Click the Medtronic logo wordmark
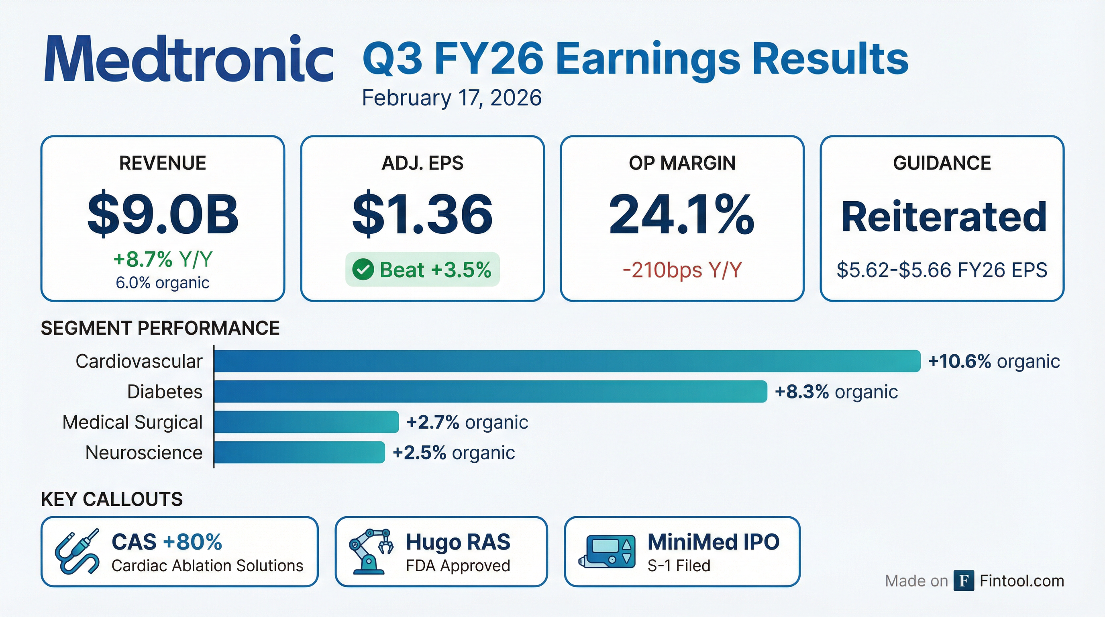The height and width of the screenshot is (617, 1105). [189, 59]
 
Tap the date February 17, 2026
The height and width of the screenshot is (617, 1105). [451, 98]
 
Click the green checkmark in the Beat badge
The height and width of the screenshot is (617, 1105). [363, 270]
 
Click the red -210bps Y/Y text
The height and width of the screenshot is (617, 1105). [682, 270]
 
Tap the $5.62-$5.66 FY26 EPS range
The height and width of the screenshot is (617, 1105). [942, 270]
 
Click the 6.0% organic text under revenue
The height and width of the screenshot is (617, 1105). [163, 283]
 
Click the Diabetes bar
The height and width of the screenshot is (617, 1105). [490, 391]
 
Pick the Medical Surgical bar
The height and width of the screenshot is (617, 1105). [306, 422]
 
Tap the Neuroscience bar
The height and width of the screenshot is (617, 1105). [299, 452]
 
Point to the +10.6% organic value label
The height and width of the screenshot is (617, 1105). [993, 361]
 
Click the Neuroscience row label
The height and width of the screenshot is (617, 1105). [144, 453]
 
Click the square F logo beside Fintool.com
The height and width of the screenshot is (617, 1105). [963, 580]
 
